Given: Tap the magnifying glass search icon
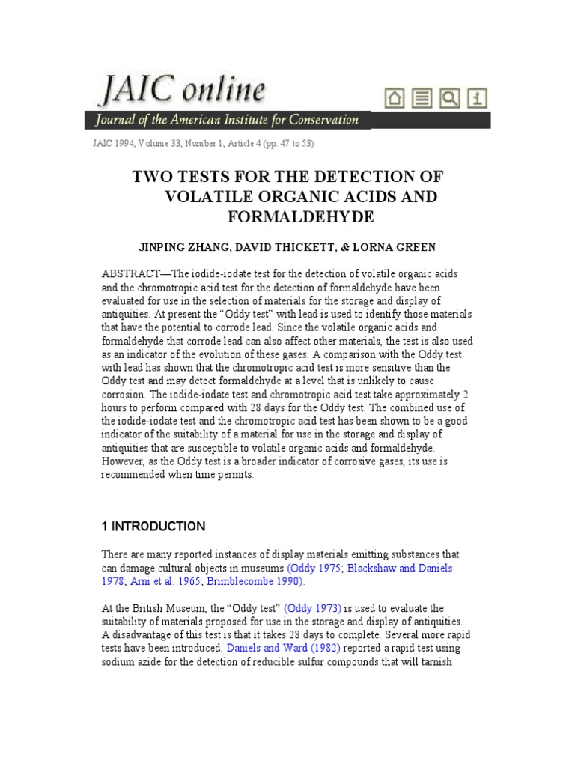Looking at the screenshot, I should tap(450, 98).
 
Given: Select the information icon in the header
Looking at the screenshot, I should tap(477, 98).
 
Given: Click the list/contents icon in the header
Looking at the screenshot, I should tap(423, 98).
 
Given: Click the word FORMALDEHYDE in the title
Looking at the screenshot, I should tap(287, 217).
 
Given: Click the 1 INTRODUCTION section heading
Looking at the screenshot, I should tap(153, 526).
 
